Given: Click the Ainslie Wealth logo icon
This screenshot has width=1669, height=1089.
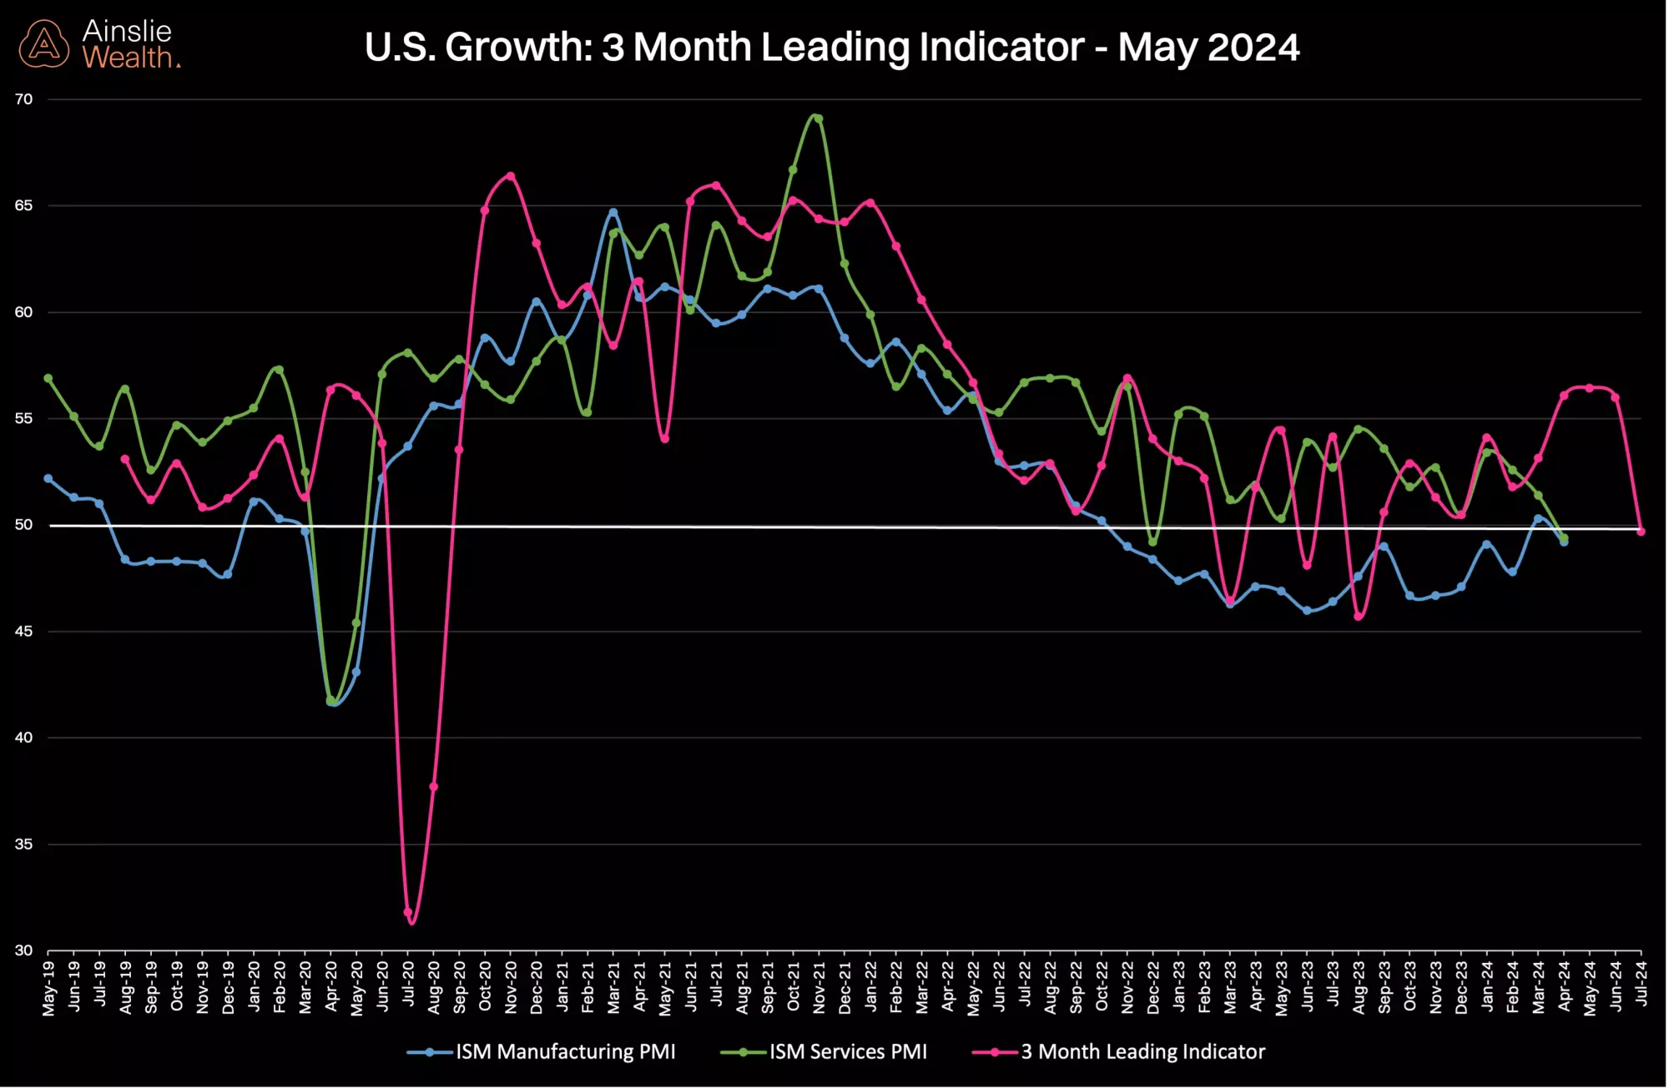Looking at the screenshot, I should click(x=43, y=44).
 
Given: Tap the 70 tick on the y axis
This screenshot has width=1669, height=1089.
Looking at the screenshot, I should click(x=23, y=99).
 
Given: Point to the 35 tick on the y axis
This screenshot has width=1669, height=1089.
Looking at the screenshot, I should click(x=23, y=844).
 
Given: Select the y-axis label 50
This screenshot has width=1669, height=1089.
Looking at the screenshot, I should click(x=23, y=525).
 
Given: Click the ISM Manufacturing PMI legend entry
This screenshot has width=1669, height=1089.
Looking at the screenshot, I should click(x=564, y=1052).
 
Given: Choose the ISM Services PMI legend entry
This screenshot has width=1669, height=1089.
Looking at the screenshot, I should click(x=847, y=1052).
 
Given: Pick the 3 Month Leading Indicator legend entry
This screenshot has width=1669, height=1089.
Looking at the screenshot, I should click(x=1142, y=1052).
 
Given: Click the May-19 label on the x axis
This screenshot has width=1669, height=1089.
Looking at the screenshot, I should click(x=48, y=988).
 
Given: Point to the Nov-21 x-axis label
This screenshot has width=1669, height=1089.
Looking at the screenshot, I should click(x=819, y=988).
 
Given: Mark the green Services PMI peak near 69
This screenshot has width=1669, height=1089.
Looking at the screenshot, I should click(x=818, y=118).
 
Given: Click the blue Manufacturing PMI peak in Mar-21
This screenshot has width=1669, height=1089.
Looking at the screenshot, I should click(x=613, y=212).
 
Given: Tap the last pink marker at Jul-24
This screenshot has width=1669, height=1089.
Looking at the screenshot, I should click(x=1641, y=532).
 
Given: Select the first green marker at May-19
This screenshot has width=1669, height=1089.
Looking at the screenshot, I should click(x=48, y=378).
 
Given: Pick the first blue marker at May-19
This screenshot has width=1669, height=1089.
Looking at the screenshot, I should click(x=48, y=479).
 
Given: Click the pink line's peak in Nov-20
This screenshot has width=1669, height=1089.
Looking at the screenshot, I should click(x=511, y=176).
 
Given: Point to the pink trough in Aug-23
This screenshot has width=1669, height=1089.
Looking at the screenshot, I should click(x=1359, y=616).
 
